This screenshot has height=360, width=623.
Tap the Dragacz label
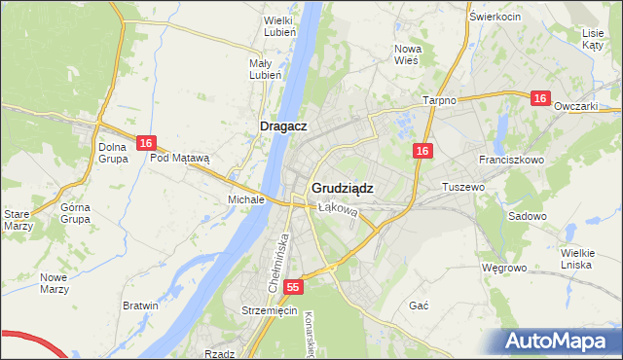[x=284, y=126]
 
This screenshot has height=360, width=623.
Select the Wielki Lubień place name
[x=279, y=25]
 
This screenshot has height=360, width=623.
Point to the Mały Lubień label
[x=265, y=69]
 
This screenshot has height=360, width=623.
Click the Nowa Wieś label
[x=406, y=54]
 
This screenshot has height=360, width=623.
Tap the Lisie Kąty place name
[x=593, y=39]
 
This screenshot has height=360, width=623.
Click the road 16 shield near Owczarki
[x=541, y=98]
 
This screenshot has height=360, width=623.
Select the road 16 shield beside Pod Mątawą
[x=145, y=143]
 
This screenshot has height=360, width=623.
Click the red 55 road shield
[x=294, y=288]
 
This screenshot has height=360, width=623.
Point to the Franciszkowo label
[x=510, y=159]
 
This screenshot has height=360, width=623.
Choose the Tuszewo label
[x=463, y=186]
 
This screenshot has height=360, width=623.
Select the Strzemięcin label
[x=269, y=310]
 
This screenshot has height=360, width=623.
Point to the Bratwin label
[x=140, y=306]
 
